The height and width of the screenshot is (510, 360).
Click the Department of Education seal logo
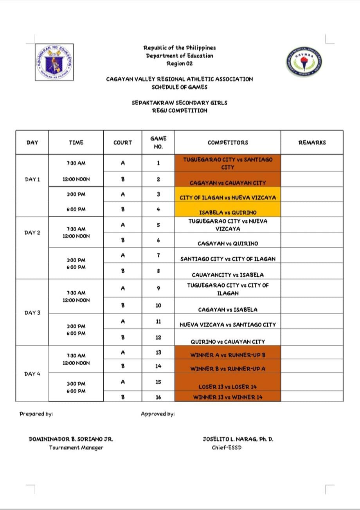coord(54,62)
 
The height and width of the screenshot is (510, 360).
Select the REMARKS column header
coord(312,142)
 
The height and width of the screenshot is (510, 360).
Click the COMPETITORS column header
coord(228,142)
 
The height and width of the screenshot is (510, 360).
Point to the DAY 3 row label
coord(32,313)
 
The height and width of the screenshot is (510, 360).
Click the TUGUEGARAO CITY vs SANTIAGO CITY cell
coord(228,163)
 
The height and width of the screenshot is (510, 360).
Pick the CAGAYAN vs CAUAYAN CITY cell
coord(228,183)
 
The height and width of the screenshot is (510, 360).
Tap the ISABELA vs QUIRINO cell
coord(228,212)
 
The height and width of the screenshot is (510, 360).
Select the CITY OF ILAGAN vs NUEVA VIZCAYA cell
coord(228,198)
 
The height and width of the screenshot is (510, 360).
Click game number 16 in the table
coord(158,397)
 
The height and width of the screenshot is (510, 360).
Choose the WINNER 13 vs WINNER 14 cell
coord(228,397)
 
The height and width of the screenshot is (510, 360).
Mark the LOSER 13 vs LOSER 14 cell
coord(228,387)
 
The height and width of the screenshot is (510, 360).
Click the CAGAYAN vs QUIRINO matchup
coord(228,243)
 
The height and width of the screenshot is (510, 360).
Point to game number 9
coord(158,288)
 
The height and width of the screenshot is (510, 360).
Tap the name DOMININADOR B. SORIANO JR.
coord(71,439)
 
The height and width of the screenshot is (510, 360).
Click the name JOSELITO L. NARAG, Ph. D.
coord(238,439)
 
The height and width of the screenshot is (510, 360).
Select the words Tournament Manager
coord(76,447)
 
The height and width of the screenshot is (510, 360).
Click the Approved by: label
coord(158,414)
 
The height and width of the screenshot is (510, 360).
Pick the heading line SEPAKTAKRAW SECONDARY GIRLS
coord(180,103)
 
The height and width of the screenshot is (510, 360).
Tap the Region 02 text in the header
coord(180,63)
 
